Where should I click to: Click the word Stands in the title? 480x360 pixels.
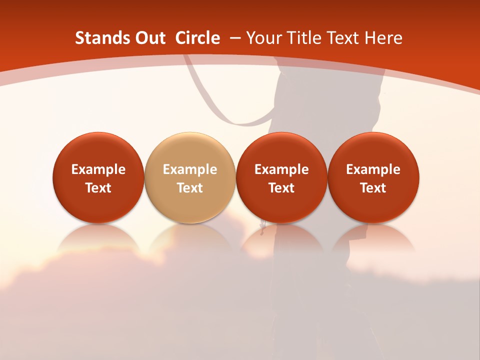pos(98,38)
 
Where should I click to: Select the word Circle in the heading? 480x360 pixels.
pos(197,38)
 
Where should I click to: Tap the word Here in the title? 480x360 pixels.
pos(383,38)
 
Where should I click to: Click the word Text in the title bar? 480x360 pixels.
pos(342,38)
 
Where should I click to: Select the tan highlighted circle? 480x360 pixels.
pos(190,177)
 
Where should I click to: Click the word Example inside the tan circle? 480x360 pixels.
pos(190,170)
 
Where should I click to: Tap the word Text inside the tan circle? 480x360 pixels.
pos(190,188)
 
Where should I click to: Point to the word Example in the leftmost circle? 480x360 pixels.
pos(98,170)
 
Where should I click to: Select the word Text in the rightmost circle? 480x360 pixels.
pos(373,188)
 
